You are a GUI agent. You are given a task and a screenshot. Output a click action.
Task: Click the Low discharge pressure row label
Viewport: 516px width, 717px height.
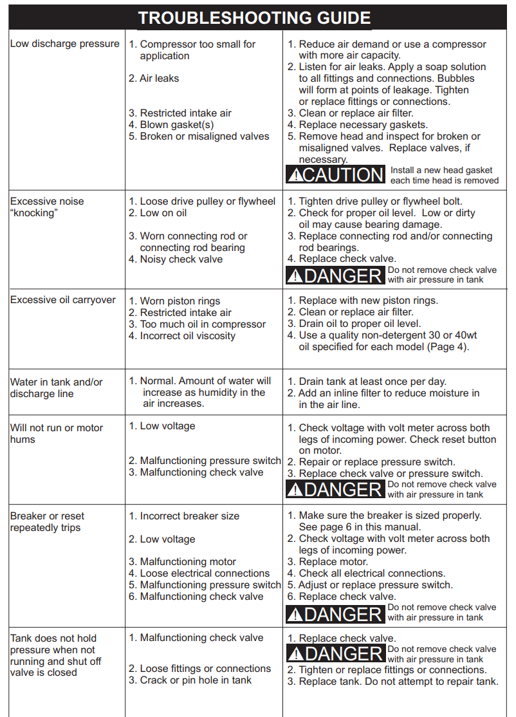pyautogui.click(x=64, y=44)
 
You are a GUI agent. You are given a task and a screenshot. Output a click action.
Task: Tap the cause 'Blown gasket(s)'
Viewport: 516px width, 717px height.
pyautogui.click(x=176, y=125)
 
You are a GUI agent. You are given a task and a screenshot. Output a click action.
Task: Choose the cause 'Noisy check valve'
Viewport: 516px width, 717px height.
pyautogui.click(x=181, y=259)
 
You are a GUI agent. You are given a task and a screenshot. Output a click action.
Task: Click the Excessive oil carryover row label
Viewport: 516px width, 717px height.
pyautogui.click(x=63, y=300)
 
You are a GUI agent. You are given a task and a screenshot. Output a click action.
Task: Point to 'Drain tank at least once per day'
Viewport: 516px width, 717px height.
pyautogui.click(x=372, y=382)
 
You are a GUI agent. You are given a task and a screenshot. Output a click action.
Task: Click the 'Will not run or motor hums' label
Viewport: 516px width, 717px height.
pyautogui.click(x=56, y=433)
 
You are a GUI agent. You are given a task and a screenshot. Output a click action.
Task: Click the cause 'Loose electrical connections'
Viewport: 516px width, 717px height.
pyautogui.click(x=205, y=573)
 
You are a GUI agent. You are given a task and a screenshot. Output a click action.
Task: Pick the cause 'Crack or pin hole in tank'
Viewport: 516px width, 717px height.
pyautogui.click(x=196, y=680)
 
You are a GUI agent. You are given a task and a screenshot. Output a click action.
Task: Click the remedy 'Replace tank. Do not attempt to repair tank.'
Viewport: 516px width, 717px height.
pyautogui.click(x=398, y=682)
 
